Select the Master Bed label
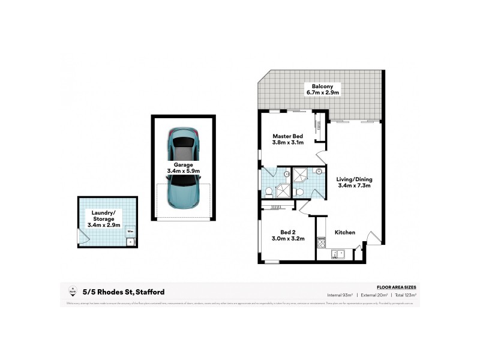tap(288, 136)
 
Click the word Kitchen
tap(345, 232)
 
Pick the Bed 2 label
tap(288, 232)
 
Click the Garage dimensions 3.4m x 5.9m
tap(183, 171)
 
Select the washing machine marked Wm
tap(130, 232)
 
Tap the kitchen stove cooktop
tap(321, 241)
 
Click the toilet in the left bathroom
tap(269, 191)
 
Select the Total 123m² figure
tap(405, 295)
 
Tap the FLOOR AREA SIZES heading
tap(396, 287)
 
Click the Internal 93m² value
tap(340, 295)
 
